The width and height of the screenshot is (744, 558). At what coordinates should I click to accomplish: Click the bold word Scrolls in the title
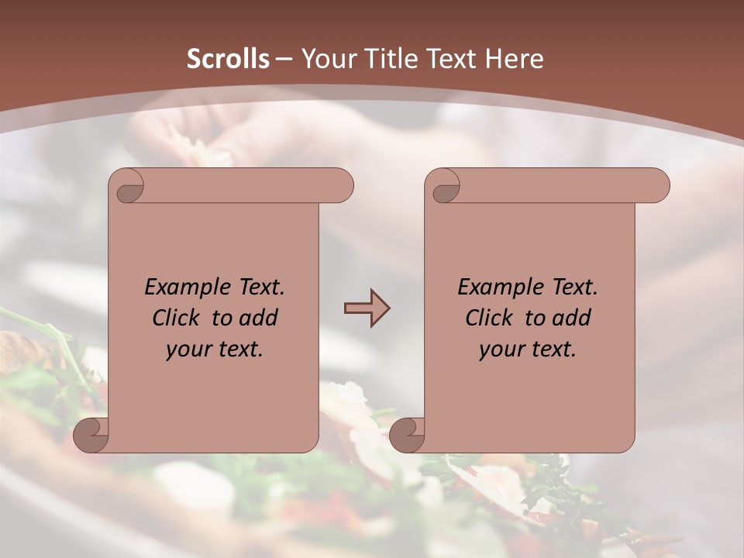pos(228,59)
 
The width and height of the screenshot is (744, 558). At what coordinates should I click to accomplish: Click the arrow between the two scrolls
pos(367,308)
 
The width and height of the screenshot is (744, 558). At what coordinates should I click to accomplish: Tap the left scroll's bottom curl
pos(91,436)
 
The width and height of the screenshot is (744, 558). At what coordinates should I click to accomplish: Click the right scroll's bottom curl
pos(408,436)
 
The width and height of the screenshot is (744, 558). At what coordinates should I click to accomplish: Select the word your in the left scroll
pos(188,350)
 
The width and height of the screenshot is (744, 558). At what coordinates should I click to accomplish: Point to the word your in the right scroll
pos(501,350)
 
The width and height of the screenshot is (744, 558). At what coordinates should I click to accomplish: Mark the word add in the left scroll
pos(258,318)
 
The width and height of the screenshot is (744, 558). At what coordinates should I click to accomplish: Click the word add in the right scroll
pos(571,318)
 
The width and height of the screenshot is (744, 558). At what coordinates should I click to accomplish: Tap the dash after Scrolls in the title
pos(284,59)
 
